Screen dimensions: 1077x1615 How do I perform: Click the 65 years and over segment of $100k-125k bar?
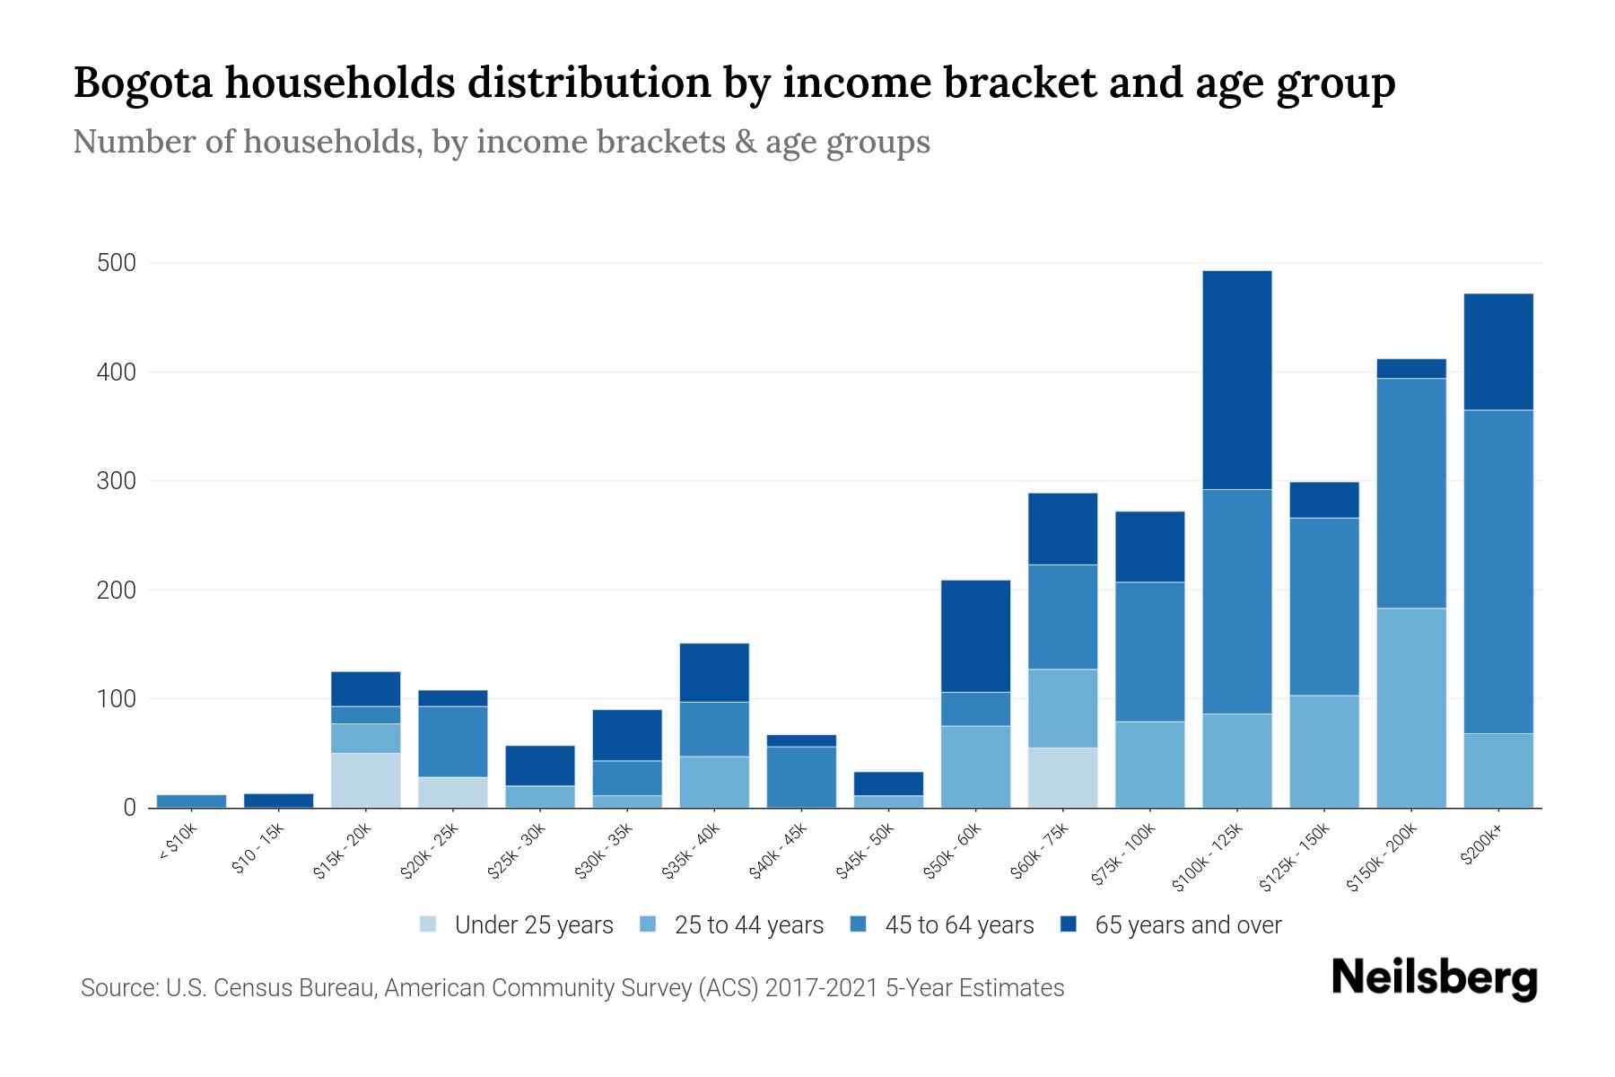click(1236, 380)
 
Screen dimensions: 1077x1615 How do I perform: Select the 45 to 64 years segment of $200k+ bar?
click(1497, 572)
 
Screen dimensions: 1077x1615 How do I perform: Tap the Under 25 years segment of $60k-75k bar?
click(1062, 777)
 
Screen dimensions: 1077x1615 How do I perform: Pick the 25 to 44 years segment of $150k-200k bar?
click(1410, 707)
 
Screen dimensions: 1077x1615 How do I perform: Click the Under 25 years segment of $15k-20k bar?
click(365, 780)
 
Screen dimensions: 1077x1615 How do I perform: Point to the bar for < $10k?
click(191, 801)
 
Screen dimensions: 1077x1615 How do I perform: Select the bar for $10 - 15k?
click(278, 800)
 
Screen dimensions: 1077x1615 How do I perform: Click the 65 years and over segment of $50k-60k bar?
click(975, 635)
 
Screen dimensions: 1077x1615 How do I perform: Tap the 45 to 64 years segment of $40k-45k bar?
click(801, 776)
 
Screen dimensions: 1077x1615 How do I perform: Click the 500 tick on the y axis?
click(117, 263)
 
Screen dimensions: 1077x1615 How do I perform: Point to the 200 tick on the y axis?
click(117, 590)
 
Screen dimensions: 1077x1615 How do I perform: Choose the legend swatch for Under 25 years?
click(428, 924)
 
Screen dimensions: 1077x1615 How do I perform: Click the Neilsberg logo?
click(1434, 978)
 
